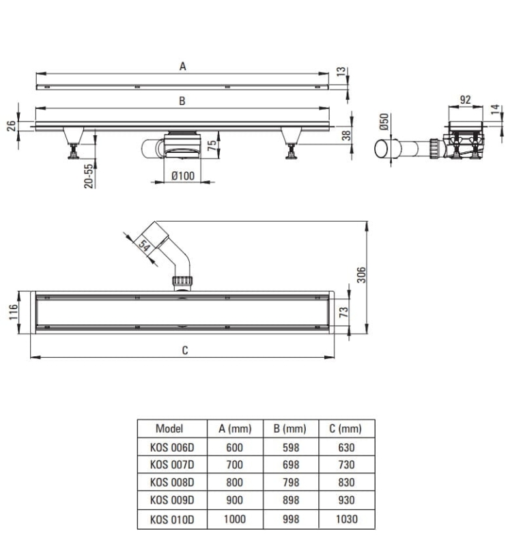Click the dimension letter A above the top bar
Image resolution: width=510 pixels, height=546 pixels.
click(182, 66)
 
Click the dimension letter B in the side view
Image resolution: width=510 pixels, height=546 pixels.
click(182, 101)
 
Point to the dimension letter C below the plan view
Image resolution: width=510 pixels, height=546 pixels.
click(185, 350)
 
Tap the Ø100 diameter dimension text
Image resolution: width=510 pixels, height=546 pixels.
click(183, 176)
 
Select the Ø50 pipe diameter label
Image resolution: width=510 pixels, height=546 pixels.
click(384, 122)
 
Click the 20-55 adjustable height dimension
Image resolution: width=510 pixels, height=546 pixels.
click(89, 176)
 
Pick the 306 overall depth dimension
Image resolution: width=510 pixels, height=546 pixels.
click(362, 275)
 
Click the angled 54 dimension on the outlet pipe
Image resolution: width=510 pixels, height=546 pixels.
click(144, 246)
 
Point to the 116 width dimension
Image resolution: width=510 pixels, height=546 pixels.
click(13, 312)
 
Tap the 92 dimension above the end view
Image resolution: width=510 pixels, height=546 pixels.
click(466, 100)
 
